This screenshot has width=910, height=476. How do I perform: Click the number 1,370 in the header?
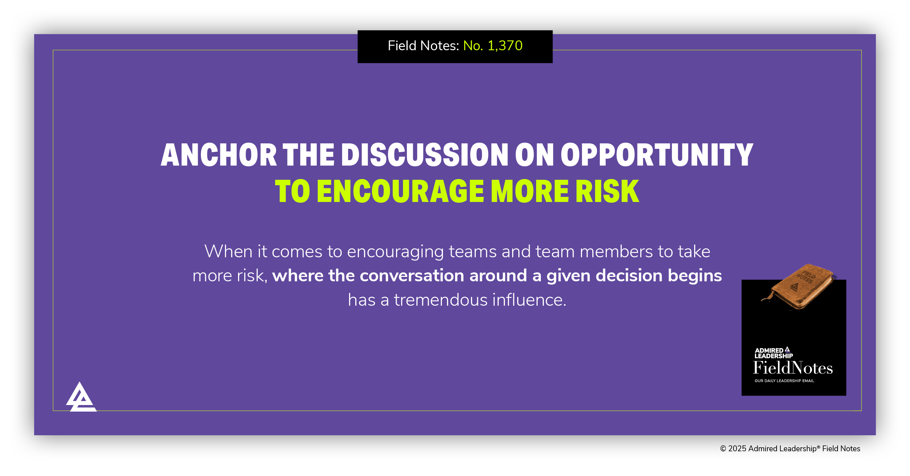point(505,46)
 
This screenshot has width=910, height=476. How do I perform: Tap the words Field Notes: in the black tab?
point(423,46)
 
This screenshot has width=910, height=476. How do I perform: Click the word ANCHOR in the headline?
point(218,155)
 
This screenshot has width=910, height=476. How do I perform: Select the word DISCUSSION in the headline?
point(424,155)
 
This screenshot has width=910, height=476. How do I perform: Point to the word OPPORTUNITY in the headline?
point(657,155)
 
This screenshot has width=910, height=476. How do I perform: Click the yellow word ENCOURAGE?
point(400,191)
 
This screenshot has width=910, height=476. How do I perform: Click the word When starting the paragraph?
point(228,251)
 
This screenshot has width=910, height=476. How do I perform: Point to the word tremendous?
point(440,300)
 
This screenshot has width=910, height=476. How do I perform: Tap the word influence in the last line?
point(529,300)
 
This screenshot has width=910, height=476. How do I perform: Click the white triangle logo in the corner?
point(81,398)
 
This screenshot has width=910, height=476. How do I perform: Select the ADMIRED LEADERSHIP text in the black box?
point(773,353)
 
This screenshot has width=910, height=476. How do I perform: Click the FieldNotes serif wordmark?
point(793,368)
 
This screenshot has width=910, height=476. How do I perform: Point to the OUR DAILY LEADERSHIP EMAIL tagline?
point(784,381)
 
